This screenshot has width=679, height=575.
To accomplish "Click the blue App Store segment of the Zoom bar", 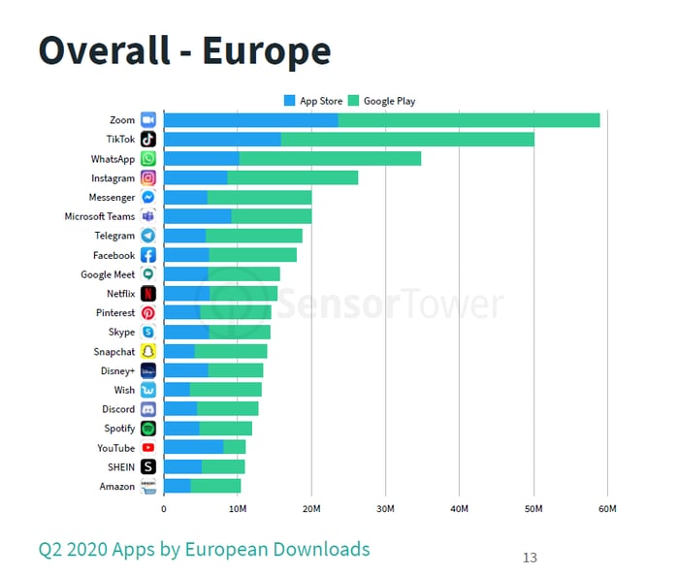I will pos(250,120).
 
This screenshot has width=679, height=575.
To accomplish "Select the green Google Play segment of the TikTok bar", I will pos(407,140).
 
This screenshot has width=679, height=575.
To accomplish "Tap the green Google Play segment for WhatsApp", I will pos(330,159).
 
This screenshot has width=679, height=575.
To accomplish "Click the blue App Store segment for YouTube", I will pos(193,448).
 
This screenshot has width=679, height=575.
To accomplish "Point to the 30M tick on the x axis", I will pos(385,508).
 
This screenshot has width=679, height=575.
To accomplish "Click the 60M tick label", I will pos(607,508).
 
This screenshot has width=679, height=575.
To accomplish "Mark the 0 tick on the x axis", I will pos(163,508).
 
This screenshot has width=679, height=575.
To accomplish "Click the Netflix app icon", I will pos(148,294).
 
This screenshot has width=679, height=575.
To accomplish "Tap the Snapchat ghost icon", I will pos(148,352).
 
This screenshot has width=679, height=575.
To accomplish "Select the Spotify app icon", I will pos(148,429).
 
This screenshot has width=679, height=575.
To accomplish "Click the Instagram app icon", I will pos(148,178).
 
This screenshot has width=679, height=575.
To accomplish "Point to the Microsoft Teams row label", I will pos(99,216).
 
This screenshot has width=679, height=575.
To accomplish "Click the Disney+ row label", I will pos(115,370).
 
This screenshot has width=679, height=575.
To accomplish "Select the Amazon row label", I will pos(116,487).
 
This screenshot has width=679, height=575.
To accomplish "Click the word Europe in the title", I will pos(266,50).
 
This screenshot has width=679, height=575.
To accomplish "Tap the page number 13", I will pos(530,558).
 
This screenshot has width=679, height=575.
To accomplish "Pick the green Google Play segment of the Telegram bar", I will pos(253,236).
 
